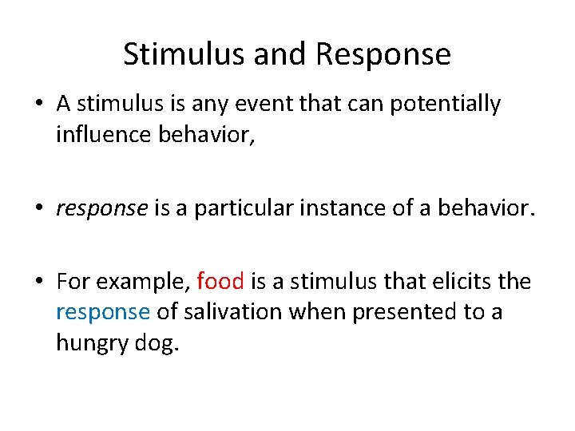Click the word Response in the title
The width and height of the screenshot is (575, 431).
[x=383, y=54]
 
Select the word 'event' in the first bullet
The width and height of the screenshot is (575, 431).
[x=272, y=104]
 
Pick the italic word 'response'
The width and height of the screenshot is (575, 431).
[x=101, y=209]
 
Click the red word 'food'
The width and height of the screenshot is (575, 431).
[x=220, y=282]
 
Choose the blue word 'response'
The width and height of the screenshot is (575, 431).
[x=102, y=313]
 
